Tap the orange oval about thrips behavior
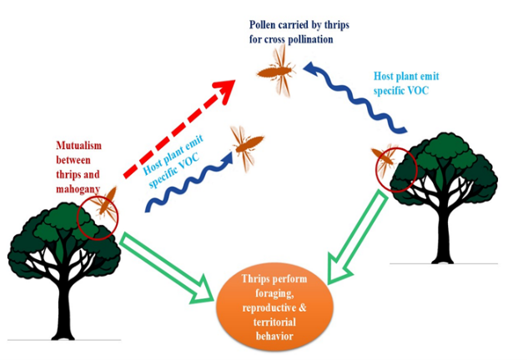[274, 307]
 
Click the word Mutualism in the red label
[78, 145]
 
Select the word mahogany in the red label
[78, 189]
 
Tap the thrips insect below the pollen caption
[276, 72]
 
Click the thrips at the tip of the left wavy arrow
[247, 147]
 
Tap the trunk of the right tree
[443, 236]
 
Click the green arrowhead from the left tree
[202, 290]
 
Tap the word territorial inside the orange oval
[274, 322]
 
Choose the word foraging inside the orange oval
[274, 293]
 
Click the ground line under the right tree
[444, 263]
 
